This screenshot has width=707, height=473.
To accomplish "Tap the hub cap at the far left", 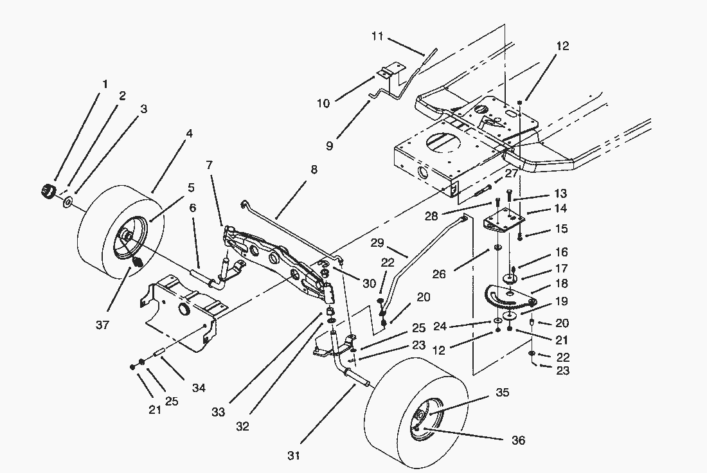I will (x=47, y=190).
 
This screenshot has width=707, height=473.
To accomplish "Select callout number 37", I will (x=102, y=325).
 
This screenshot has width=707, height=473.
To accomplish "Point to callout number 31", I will (x=294, y=456).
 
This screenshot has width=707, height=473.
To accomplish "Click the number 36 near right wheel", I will (x=517, y=440).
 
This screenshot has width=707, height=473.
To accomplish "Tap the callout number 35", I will (x=502, y=392).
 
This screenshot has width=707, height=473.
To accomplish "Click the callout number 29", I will (x=379, y=243).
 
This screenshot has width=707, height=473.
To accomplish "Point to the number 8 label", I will (x=314, y=171).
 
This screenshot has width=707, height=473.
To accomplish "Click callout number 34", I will (x=199, y=388).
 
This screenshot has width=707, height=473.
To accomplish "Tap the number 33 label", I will (x=218, y=412).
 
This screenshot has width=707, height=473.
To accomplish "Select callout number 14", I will (x=560, y=208).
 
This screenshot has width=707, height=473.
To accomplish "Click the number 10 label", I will (x=323, y=103).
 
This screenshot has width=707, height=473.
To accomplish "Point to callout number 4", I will (x=189, y=134).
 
